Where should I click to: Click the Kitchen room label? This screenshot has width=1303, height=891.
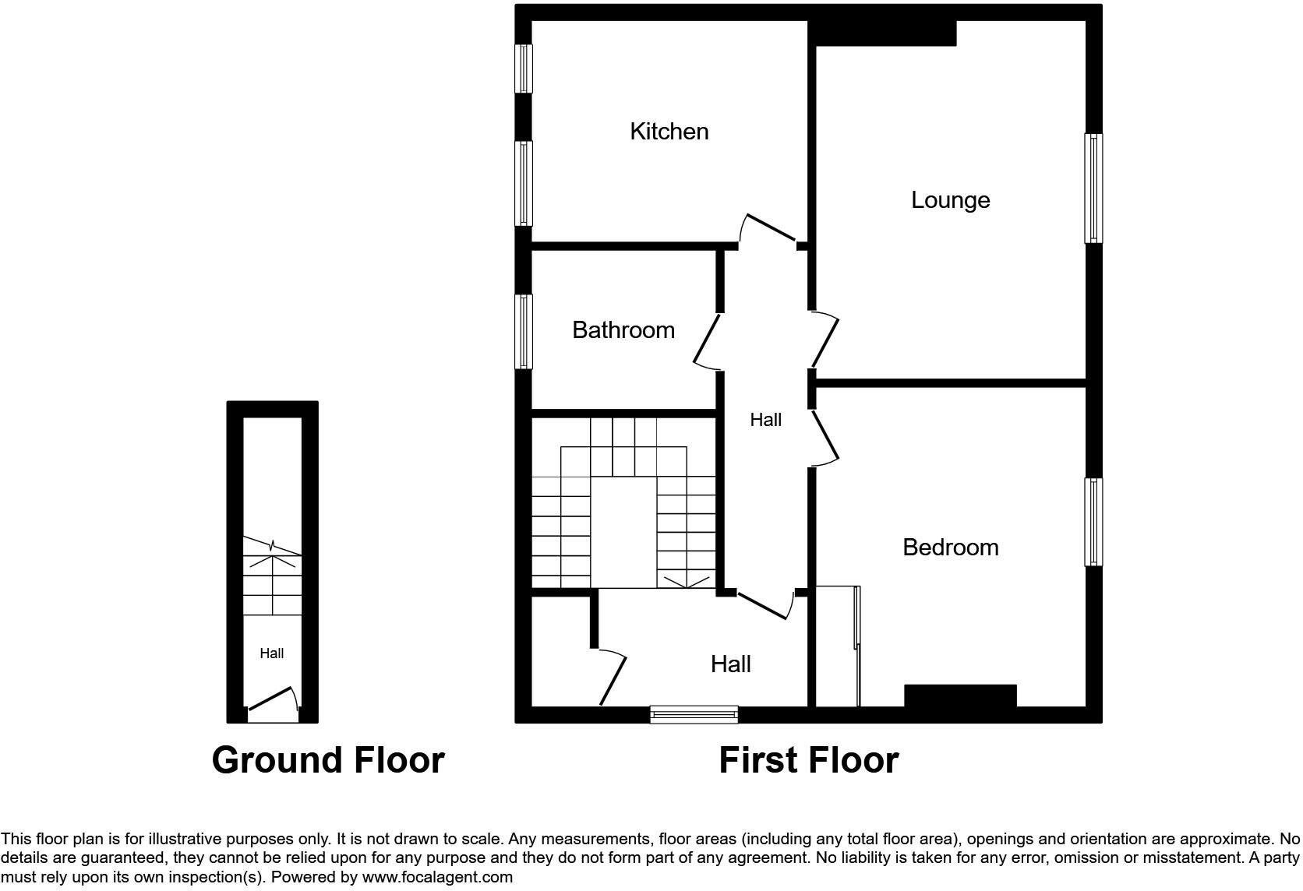(x=669, y=132)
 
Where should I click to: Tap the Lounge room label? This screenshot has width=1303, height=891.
(x=950, y=200)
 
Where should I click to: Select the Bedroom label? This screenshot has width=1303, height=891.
(x=950, y=548)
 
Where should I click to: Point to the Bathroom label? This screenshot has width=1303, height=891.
(x=623, y=330)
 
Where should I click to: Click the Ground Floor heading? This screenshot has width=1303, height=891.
(x=327, y=760)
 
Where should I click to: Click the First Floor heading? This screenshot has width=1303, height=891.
(x=808, y=760)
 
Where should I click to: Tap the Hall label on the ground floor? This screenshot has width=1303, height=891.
(x=271, y=653)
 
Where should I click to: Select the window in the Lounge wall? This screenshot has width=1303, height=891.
(x=1093, y=188)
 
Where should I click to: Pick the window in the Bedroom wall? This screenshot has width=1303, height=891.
(x=1093, y=521)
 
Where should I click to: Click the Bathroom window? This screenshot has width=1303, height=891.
(x=524, y=331)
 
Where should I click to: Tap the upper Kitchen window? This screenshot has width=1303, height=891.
(x=524, y=69)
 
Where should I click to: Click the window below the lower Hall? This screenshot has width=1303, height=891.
(x=694, y=714)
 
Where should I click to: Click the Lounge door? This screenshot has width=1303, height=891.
(x=825, y=340)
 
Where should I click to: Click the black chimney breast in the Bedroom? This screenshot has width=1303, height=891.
(x=960, y=696)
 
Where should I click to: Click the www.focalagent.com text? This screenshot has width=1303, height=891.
(x=437, y=878)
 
